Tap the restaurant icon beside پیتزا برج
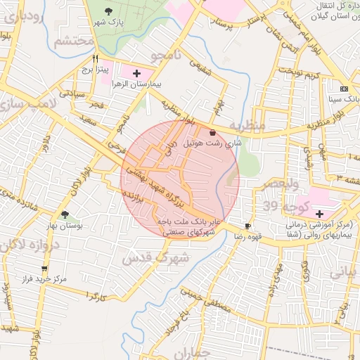coord(96,60)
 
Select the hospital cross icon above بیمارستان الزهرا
coord(136,73)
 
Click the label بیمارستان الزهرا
coord(137,84)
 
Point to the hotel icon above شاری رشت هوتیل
coord(212,132)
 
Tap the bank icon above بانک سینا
coord(343,89)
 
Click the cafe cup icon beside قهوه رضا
coord(247,226)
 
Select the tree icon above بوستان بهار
coord(65,214)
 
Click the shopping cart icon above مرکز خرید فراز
coord(45,269)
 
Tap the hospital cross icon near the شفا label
coord(320,214)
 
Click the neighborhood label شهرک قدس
coord(156,257)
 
